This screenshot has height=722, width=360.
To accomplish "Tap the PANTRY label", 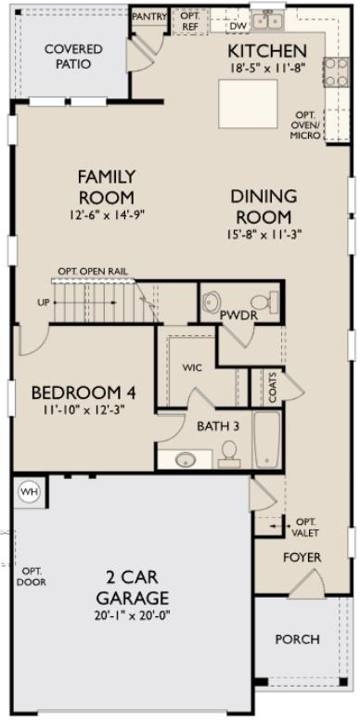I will click(148, 16).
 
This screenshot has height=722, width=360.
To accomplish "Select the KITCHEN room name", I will click(266, 50).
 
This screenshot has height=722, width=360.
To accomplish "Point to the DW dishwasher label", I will click(238, 26).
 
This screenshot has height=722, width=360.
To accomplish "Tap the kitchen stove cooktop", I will click(335, 71).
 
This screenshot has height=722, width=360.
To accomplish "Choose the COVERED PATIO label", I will click(67, 56).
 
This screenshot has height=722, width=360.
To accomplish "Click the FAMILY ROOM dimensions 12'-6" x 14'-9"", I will click(106, 214).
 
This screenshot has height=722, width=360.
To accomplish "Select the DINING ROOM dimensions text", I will click(264, 235).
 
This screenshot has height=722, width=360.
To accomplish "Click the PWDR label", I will click(238, 315).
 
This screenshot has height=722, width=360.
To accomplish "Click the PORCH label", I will click(298, 638).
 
